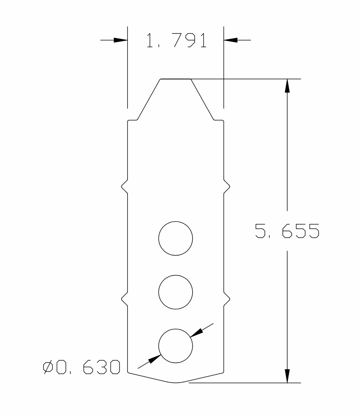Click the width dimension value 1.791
176,40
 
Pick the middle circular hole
175,292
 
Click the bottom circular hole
175,346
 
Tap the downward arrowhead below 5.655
287,376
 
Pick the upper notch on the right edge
227,188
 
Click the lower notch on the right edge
227,298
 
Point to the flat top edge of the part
175,79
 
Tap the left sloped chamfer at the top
149,99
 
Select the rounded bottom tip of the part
176,382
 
